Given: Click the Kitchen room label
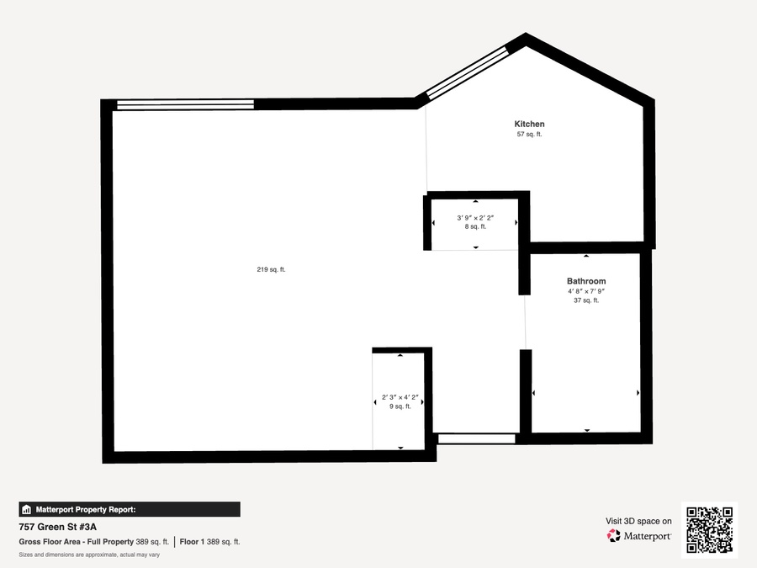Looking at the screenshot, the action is click(529, 125).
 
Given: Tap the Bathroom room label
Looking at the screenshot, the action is click(586, 281).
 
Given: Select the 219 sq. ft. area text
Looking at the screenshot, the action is click(271, 269).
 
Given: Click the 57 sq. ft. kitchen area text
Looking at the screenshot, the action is click(529, 135).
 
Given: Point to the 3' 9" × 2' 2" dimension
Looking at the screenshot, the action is click(475, 218).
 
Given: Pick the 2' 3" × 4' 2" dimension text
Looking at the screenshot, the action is click(400, 397).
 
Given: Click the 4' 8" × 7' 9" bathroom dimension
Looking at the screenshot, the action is click(586, 291).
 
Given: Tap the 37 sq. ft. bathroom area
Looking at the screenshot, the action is click(586, 300).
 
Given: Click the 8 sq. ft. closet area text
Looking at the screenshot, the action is click(475, 226).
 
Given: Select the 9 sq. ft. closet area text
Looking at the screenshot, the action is click(400, 406).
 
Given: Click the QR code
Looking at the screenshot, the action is click(709, 530).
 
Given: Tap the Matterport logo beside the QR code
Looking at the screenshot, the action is click(638, 536).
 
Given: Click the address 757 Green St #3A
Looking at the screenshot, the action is click(57, 527).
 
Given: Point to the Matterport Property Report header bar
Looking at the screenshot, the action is click(130, 510).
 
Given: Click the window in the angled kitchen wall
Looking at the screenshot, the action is click(468, 72).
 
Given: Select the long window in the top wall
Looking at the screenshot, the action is click(185, 104).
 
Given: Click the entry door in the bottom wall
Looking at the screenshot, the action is click(477, 439).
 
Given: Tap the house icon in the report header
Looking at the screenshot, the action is click(27, 510).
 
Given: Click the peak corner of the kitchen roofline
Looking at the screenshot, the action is click(526, 33).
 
